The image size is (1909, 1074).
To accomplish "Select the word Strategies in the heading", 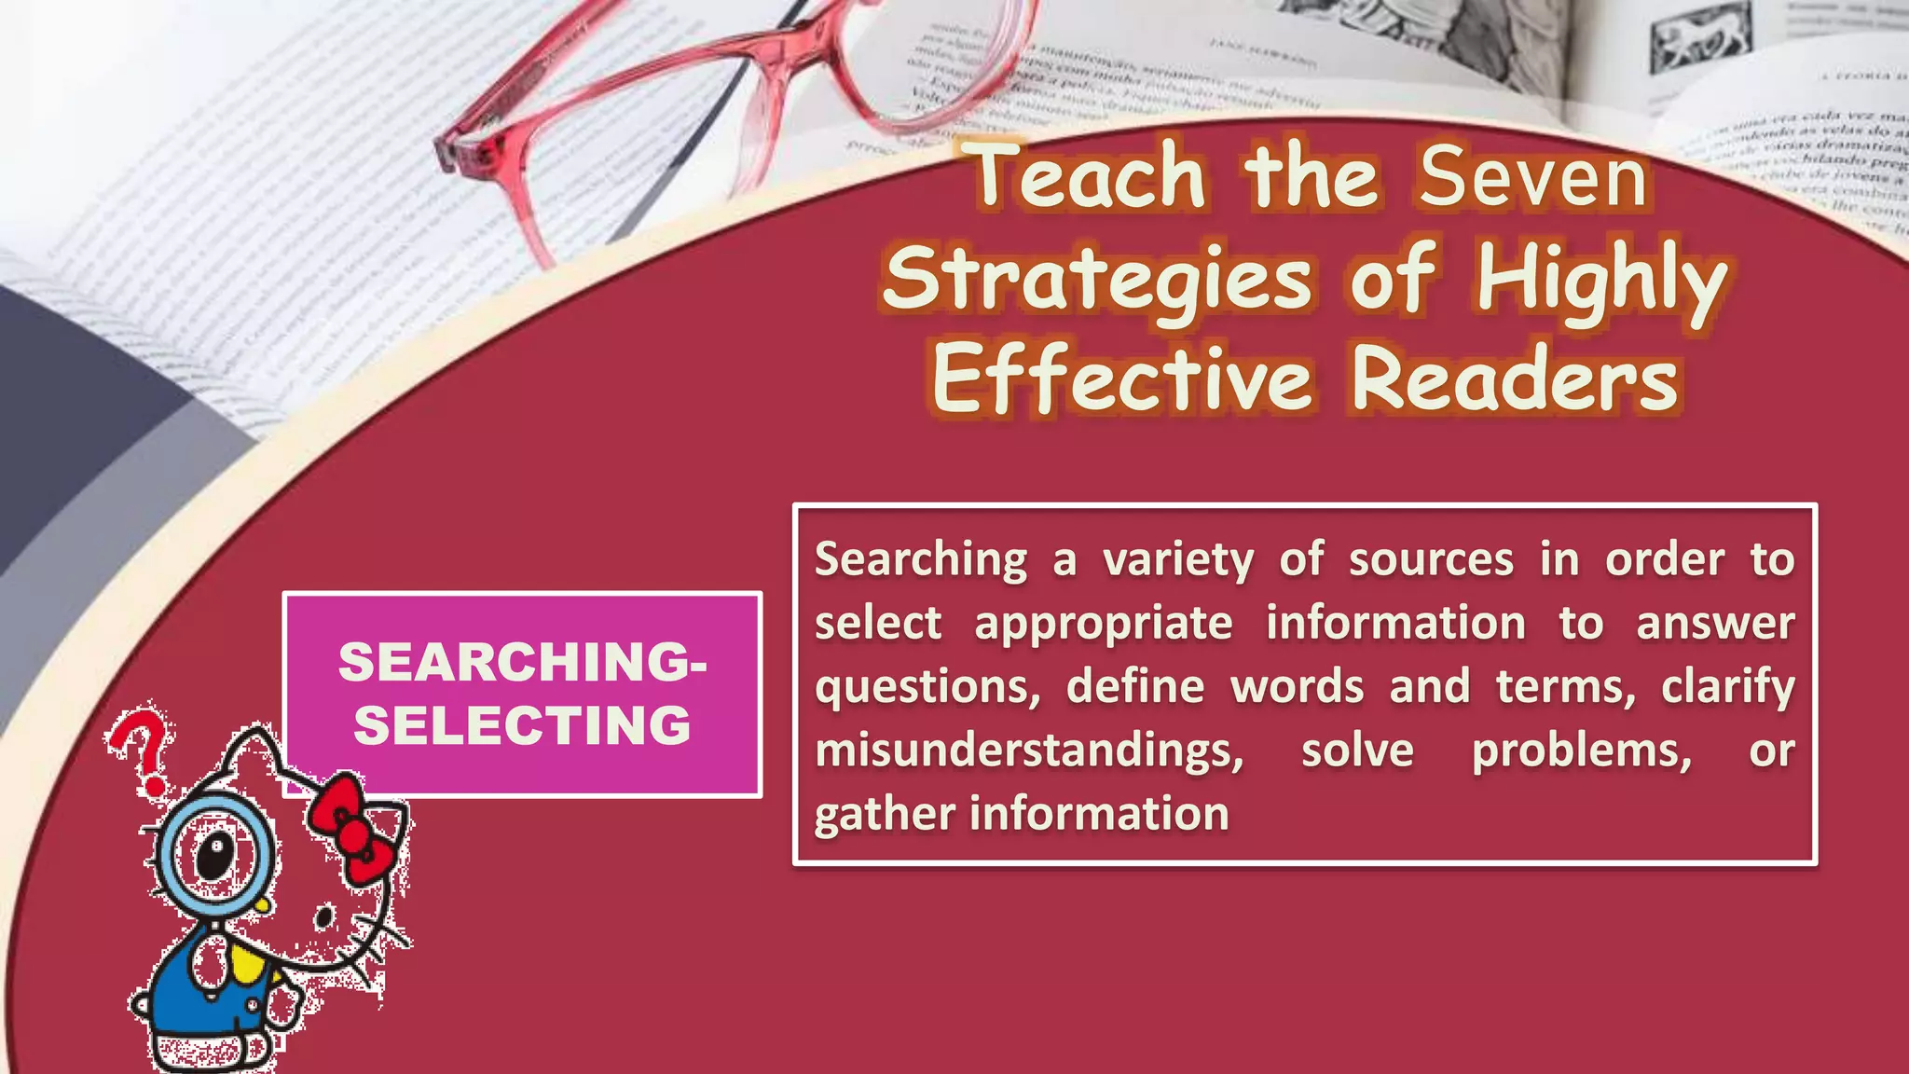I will click(1098, 280).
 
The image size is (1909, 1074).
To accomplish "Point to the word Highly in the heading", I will click(1601, 280).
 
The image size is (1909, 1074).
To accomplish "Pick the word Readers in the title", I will click(1515, 380).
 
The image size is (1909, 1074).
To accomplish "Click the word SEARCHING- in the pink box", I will click(522, 662).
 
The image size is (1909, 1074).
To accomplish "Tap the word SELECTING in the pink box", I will click(522, 725).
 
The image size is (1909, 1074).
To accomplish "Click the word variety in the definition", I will click(1178, 560).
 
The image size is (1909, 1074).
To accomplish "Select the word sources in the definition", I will click(1431, 560).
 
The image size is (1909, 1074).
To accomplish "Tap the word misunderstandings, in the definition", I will click(1029, 750).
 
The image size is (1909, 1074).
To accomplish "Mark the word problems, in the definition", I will click(1582, 750).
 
